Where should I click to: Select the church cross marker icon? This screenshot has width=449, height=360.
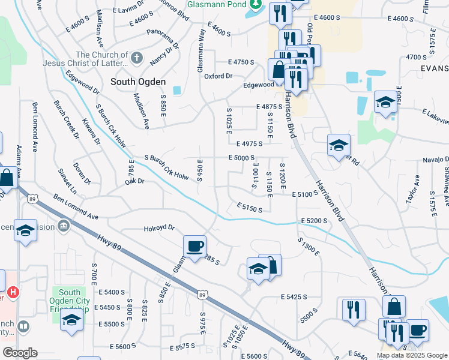137,59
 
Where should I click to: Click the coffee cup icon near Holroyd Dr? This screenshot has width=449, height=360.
194,245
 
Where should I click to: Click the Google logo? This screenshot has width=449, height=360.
20,352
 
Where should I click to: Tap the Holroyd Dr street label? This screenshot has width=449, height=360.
159,228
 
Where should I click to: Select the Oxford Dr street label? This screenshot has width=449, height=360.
218,76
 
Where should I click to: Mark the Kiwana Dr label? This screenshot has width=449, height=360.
92,132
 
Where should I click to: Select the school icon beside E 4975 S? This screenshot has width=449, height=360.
339,145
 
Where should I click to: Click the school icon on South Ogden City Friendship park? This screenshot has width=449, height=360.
71,319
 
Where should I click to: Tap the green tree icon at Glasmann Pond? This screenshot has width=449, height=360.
256,4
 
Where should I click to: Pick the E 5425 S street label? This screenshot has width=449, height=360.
294,296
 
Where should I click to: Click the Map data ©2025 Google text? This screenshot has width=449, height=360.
412,355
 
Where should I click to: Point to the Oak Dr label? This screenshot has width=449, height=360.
135,181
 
